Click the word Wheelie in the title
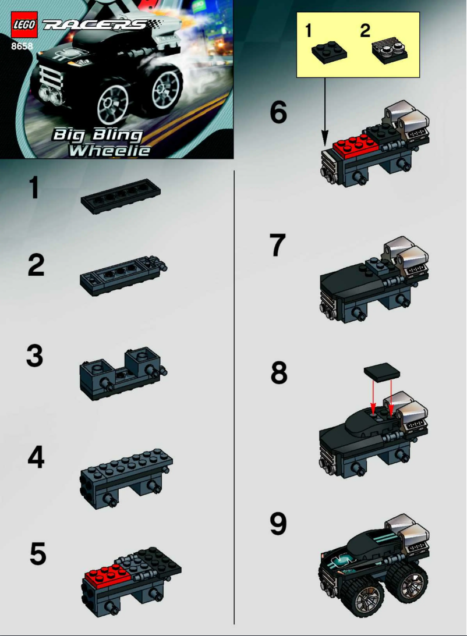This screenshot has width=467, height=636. pos(109,151)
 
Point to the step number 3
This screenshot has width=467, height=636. pos(35,356)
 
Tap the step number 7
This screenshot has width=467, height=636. pos(278,246)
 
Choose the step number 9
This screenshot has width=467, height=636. pos(278,524)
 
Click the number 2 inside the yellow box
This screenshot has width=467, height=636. pos(365,31)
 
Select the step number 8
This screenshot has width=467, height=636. pos(279,374)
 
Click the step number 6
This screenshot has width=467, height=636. pos(278,113)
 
